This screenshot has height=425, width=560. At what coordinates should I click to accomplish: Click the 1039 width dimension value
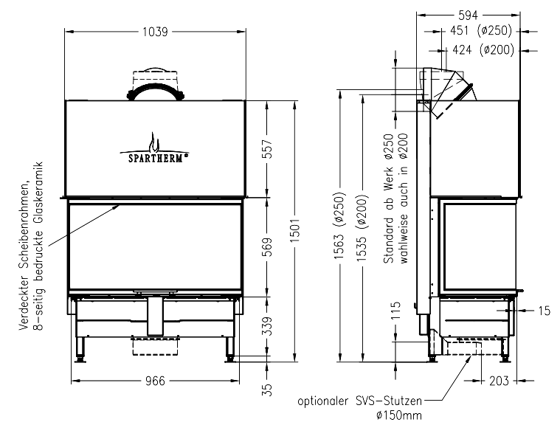(x=155, y=32)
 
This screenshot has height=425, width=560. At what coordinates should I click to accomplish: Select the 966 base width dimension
(x=156, y=381)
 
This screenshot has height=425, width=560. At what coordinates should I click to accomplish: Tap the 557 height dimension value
(x=268, y=149)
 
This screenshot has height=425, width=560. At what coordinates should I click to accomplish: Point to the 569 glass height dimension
(x=268, y=246)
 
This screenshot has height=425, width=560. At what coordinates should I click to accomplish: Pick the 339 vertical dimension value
(x=268, y=325)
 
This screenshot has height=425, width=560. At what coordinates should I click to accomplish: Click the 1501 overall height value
(x=294, y=231)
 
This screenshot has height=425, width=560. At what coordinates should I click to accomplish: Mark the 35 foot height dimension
(x=268, y=390)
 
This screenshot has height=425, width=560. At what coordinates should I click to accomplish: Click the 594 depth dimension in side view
(x=468, y=15)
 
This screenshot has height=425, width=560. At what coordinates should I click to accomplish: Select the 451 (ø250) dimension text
(x=481, y=31)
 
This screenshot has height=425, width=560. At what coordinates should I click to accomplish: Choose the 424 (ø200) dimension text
(x=483, y=49)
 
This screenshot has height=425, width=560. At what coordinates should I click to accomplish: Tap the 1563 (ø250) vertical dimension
(x=339, y=226)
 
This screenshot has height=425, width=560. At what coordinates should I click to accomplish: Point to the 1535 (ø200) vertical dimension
(x=362, y=227)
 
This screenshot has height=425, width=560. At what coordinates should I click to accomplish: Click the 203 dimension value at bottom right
(x=499, y=381)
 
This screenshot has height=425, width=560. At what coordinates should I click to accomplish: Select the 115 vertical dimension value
(x=396, y=311)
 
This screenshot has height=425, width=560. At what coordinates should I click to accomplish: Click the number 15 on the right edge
(x=545, y=311)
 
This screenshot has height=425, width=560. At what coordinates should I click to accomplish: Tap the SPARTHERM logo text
(x=156, y=158)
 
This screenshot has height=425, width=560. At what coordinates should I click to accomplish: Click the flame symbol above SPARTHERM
(x=154, y=142)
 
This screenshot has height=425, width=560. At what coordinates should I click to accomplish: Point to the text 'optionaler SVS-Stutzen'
(x=359, y=401)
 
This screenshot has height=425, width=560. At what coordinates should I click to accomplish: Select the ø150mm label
(x=399, y=415)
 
